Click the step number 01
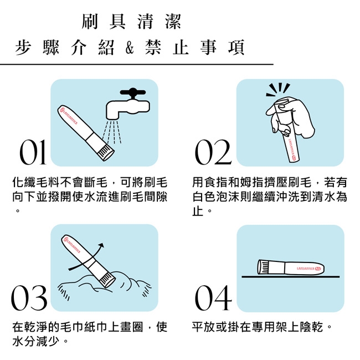[33, 152]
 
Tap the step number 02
[213, 152]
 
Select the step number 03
[29, 298]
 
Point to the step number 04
[213, 298]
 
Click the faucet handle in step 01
[133, 92]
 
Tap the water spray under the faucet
[111, 132]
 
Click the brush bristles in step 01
[106, 153]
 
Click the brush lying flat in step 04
[291, 268]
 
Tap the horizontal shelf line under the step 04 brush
[290, 277]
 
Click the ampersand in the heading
[130, 48]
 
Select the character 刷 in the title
[90, 22]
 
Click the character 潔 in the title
[173, 22]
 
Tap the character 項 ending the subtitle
[236, 48]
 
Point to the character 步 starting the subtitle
[23, 48]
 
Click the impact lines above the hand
[278, 90]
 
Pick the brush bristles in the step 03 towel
[107, 279]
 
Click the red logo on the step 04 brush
[318, 268]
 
